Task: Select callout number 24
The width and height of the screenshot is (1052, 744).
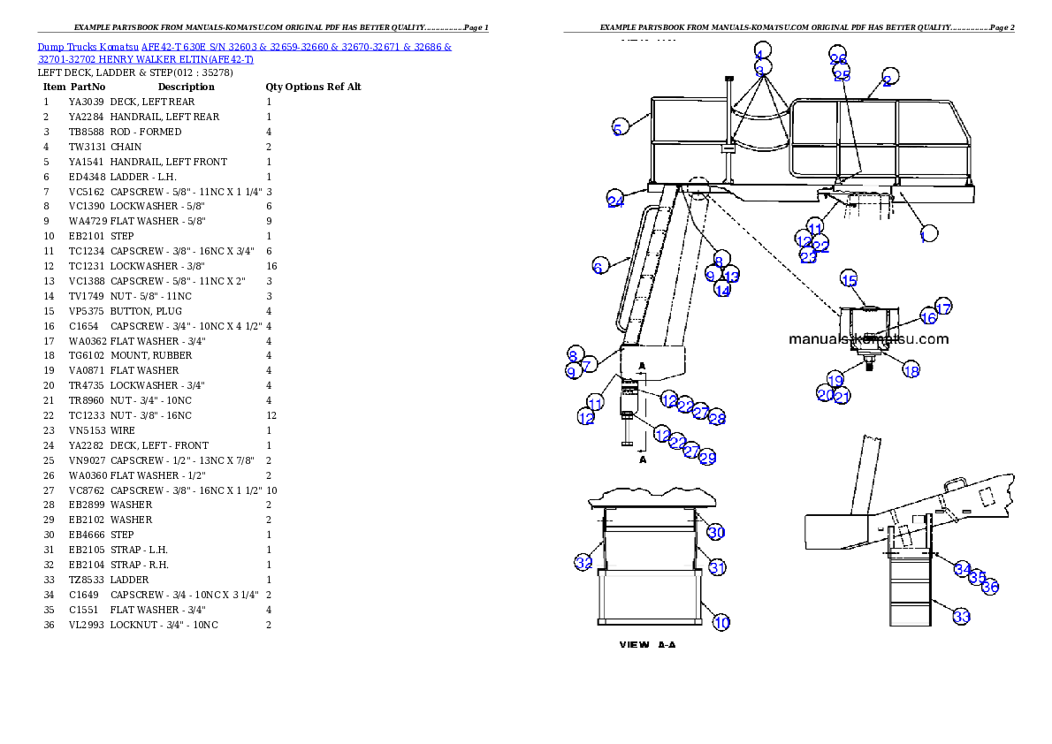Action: tap(615, 200)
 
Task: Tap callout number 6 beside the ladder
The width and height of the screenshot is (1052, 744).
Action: tap(598, 266)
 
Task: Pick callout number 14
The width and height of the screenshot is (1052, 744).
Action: tap(722, 290)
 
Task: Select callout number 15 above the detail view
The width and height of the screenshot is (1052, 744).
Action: tap(849, 280)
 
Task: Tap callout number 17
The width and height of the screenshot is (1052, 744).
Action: tap(943, 307)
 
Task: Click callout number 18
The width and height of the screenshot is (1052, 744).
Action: tap(911, 370)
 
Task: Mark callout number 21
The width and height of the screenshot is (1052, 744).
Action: tap(842, 396)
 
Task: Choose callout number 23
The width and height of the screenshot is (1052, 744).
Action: tap(808, 257)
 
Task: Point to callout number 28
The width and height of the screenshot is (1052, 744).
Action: tap(716, 418)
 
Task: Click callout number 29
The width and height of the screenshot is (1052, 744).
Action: tap(707, 457)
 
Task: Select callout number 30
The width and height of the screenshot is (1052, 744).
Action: tap(716, 532)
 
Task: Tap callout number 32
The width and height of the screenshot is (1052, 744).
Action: tap(583, 562)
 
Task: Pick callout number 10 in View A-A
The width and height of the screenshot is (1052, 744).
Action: tap(721, 622)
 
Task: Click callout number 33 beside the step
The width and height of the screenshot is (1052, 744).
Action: tap(961, 616)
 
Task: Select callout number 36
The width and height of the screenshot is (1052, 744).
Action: tap(991, 587)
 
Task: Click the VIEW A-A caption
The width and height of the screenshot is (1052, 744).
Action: tap(647, 645)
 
